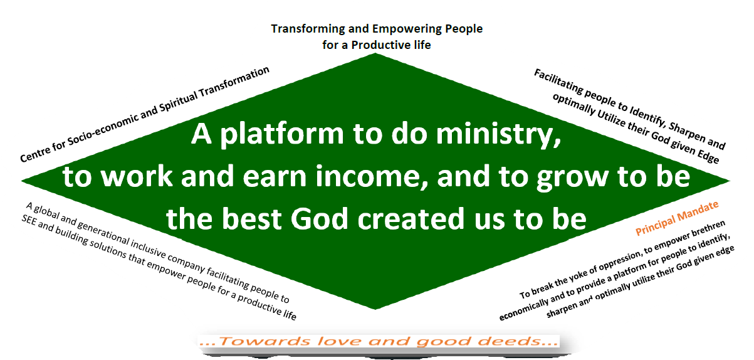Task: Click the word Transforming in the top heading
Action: coord(308,29)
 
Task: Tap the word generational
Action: coord(103,231)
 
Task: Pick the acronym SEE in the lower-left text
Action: coord(29,220)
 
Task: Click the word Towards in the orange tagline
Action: coord(264,341)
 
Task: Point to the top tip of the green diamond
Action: coord(375,53)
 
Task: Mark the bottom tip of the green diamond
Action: coord(375,309)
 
